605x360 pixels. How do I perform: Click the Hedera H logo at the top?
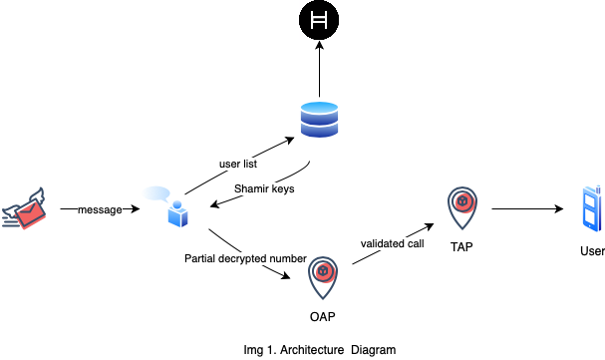(319, 21)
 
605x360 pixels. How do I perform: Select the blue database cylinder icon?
(320, 119)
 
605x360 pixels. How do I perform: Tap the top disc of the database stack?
(320, 107)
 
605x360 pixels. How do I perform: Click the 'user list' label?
(238, 164)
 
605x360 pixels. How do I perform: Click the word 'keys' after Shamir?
(284, 188)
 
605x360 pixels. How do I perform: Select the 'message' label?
(100, 210)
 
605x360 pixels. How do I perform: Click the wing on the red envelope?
(37, 194)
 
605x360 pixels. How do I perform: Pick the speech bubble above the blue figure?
(155, 192)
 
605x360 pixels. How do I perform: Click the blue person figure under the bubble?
(178, 213)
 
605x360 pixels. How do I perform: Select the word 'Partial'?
(200, 258)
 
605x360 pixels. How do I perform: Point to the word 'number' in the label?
(288, 258)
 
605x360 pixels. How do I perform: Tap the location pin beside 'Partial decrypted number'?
(322, 275)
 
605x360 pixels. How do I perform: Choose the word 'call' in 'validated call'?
(416, 243)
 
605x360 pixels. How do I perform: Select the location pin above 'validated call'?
(462, 206)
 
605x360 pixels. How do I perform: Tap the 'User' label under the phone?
(592, 251)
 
